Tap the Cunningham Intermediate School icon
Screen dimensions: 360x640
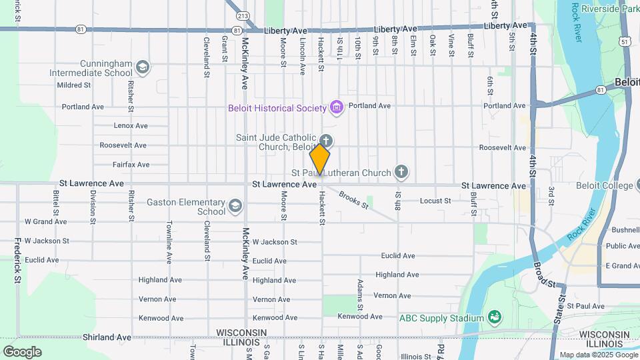[142, 67]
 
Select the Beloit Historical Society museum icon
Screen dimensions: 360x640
[337, 107]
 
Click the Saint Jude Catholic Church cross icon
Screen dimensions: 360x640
[325, 141]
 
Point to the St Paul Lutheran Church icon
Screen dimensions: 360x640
[401, 173]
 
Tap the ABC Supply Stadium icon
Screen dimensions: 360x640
[494, 317]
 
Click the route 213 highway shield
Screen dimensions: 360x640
[243, 16]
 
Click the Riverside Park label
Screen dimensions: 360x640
[610, 9]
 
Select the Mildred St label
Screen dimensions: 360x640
[73, 85]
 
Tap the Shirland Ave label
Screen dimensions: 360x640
[107, 337]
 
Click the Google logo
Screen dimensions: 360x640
[22, 351]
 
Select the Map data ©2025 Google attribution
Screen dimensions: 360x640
[598, 355]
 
